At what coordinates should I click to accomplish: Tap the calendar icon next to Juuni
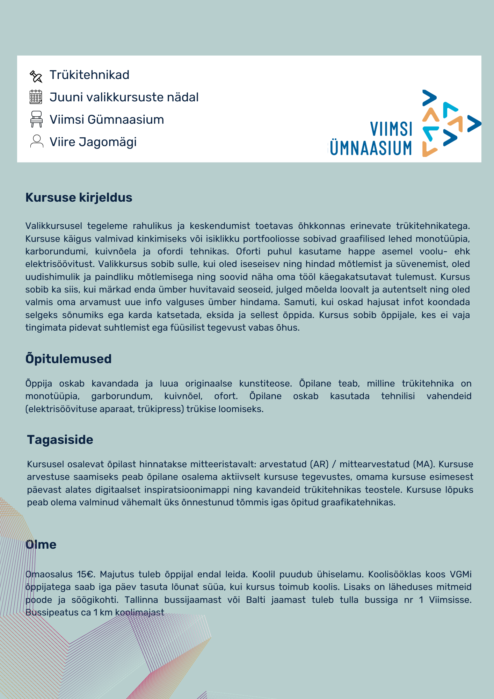(36, 97)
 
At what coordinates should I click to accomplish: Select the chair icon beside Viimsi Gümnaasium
(36, 119)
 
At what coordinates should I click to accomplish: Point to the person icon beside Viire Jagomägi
(36, 142)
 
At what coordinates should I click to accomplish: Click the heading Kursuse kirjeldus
(79, 197)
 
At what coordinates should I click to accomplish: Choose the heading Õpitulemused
(68, 359)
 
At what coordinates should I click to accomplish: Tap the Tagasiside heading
(60, 440)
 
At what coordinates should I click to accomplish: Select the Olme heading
(41, 545)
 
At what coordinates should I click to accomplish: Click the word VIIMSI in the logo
(391, 129)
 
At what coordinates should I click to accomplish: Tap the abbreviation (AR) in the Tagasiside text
(319, 464)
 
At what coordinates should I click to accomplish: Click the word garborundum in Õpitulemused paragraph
(122, 396)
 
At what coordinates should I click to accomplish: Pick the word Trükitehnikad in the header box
(89, 75)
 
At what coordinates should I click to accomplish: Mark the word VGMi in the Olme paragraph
(460, 574)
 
